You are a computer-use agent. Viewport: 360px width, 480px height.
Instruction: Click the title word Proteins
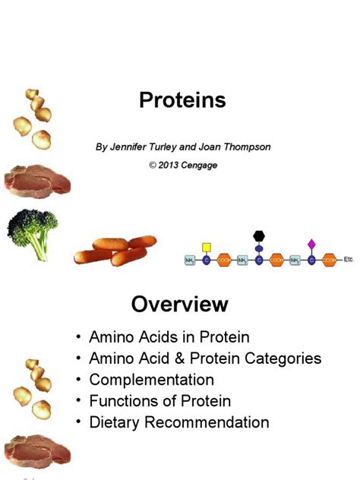tap(182, 100)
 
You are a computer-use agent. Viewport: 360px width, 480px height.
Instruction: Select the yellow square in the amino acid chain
tap(206, 247)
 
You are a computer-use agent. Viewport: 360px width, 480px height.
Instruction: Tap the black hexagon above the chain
tap(258, 235)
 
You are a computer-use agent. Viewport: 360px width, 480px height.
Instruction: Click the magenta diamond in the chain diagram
tap(311, 245)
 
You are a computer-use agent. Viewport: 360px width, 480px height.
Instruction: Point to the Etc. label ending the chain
tap(349, 259)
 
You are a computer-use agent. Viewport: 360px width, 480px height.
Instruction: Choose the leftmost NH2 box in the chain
tap(190, 261)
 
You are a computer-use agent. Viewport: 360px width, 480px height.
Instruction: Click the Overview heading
tap(180, 305)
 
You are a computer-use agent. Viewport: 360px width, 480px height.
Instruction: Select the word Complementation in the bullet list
tap(151, 379)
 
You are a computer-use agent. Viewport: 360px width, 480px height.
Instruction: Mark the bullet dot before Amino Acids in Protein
tap(80, 336)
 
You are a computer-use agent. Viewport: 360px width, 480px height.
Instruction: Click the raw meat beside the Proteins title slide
tap(36, 179)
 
